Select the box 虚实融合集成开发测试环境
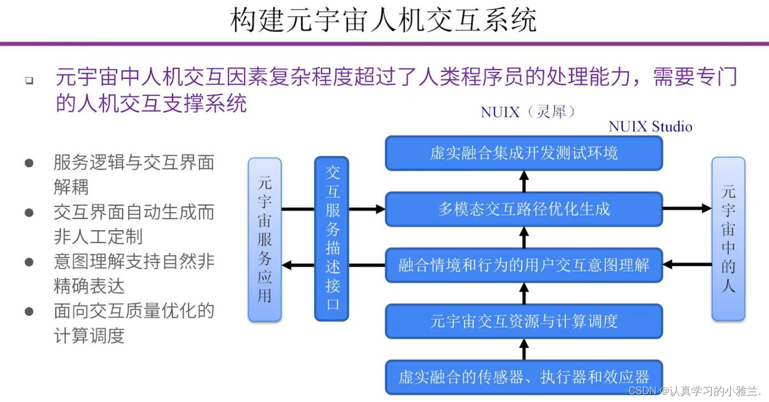(524, 153)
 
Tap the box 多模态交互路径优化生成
(524, 209)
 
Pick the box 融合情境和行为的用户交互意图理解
(524, 265)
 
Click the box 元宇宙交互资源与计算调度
(524, 321)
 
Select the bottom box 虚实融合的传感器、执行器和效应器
(524, 377)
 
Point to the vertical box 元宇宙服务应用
(265, 240)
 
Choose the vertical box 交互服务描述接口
(332, 240)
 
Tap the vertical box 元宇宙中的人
(728, 240)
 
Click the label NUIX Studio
(650, 126)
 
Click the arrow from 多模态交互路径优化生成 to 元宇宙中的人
(687, 209)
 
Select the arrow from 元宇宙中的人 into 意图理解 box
(687, 265)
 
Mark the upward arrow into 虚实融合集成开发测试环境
(524, 181)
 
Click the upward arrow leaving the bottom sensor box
(524, 349)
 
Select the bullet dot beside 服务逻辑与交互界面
(29, 163)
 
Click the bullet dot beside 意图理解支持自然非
(29, 262)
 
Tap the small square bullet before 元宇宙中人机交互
(29, 80)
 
